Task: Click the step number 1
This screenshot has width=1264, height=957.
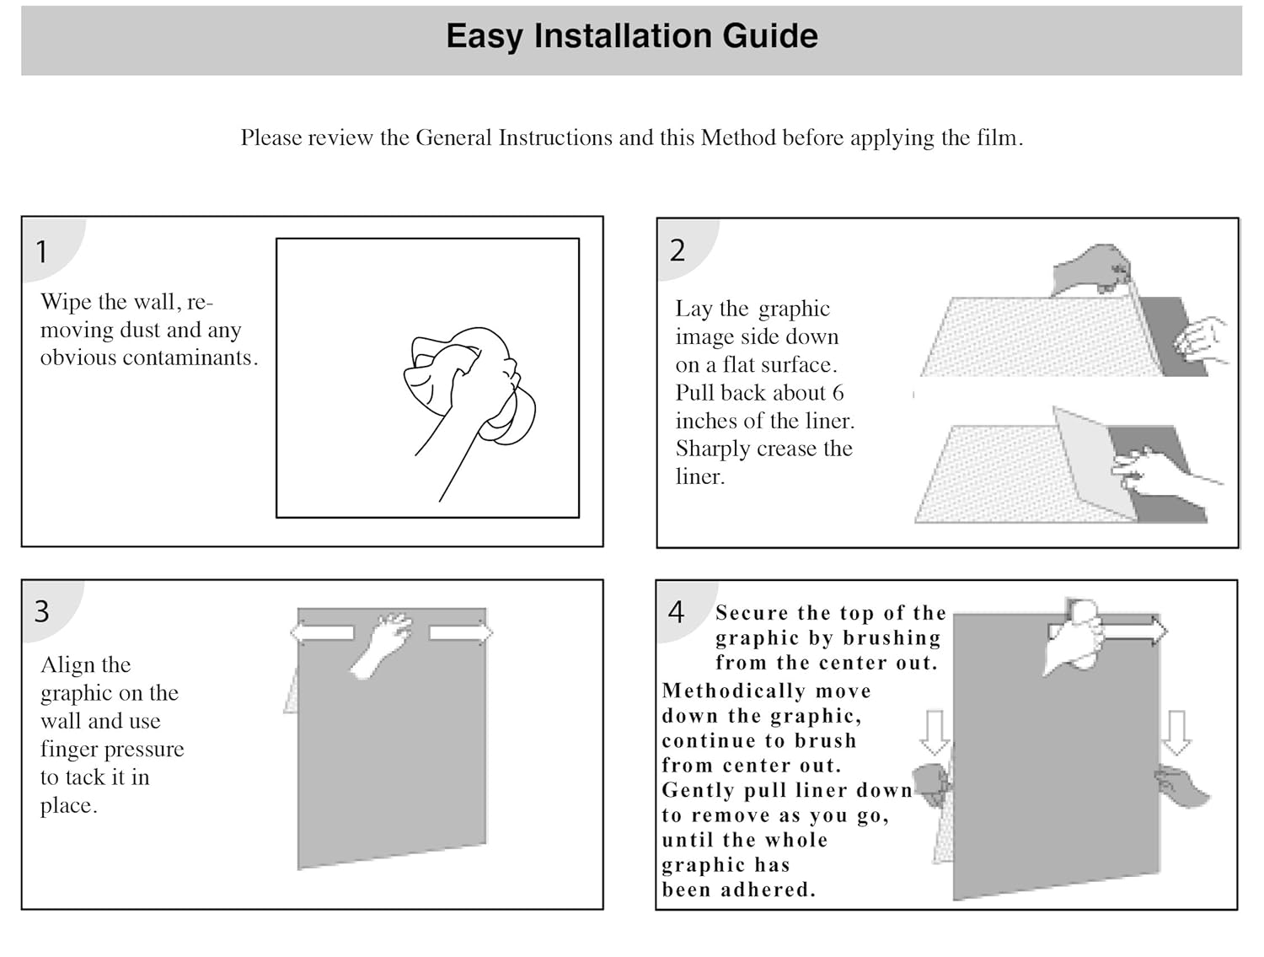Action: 41,251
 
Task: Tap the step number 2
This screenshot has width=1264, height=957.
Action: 678,250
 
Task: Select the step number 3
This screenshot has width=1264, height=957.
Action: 42,611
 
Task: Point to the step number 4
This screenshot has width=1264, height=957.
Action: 676,612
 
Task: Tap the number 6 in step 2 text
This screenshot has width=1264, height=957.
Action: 838,393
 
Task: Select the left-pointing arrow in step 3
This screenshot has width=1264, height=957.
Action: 322,632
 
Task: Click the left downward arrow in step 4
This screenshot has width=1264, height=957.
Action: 934,731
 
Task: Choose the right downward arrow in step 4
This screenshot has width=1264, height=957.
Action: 1176,731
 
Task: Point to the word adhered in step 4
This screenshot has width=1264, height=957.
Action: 770,890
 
